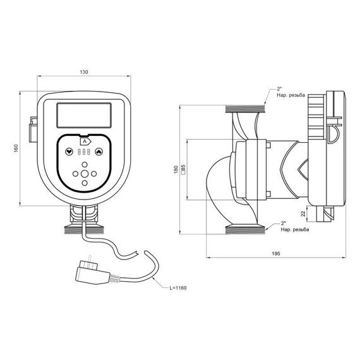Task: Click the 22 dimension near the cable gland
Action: click(x=303, y=214)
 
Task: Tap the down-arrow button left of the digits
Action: click(x=68, y=152)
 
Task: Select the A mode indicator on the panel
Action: click(x=85, y=142)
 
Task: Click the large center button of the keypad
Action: click(x=84, y=174)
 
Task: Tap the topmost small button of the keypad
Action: click(x=84, y=164)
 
